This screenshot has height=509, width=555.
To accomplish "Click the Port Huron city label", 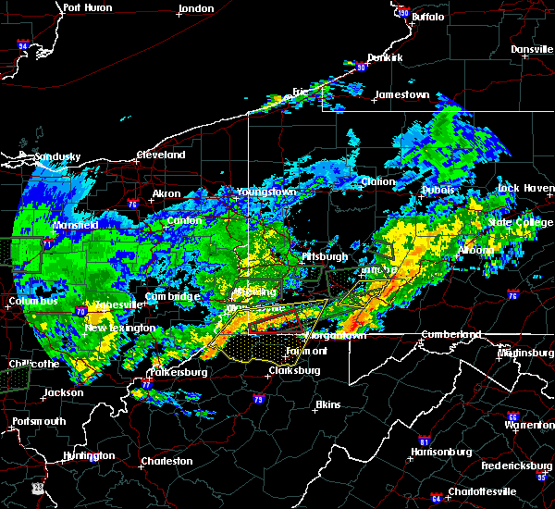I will click(x=88, y=7).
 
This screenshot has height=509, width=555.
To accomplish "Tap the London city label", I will click(x=196, y=8).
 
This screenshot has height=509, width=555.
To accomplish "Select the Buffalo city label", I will click(x=427, y=17).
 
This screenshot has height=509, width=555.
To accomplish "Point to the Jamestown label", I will click(x=402, y=94).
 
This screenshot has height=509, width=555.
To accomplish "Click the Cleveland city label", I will click(x=161, y=155).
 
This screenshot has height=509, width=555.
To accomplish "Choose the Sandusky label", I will click(x=58, y=156).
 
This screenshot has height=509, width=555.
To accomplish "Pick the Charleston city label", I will click(x=166, y=460).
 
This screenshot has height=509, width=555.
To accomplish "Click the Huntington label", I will click(x=90, y=455).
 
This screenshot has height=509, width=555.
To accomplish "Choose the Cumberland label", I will click(x=450, y=333).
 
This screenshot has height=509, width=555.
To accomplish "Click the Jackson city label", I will click(x=64, y=392).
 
